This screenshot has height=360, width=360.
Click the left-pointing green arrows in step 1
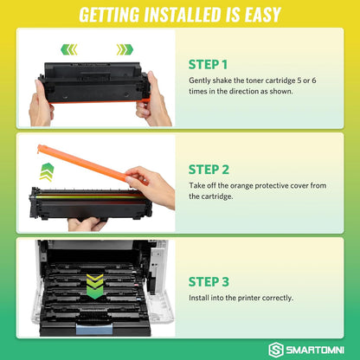[68, 49]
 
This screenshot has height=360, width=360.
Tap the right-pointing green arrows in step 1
[125, 49]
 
